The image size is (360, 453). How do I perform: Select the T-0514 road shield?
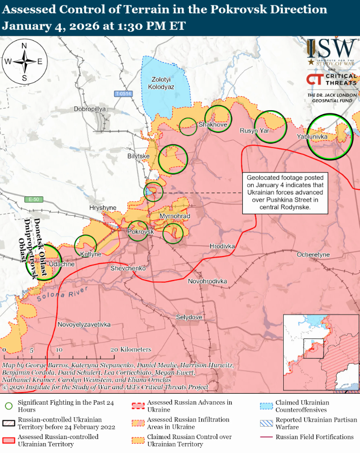coord(123,94)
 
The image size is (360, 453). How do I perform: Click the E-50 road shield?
coord(33,200)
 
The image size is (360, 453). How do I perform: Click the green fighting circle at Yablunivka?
coord(330,137)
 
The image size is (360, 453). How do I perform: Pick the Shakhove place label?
coord(213,124)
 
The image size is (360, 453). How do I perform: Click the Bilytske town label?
coord(139,156)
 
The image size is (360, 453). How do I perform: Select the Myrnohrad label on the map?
coord(175,216)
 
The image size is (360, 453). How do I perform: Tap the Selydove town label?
coord(189,317)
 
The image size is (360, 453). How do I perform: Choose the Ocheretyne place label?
coord(313,255)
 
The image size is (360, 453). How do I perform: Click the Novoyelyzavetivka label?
coord(84,324)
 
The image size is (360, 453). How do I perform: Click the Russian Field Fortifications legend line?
coord(268,437)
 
